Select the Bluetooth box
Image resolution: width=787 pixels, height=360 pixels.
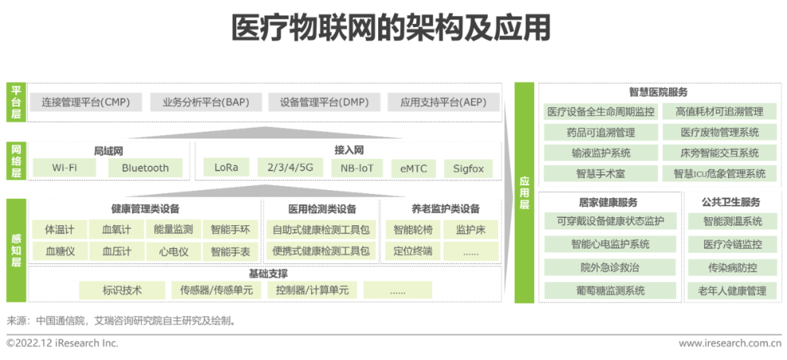(145, 168)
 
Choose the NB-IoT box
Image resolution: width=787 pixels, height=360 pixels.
(357, 168)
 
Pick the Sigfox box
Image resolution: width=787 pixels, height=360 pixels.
(468, 168)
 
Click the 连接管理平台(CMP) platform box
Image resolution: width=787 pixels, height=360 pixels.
(86, 103)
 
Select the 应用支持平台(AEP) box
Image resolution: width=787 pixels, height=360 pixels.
(443, 103)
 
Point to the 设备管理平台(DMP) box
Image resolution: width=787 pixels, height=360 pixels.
(324, 103)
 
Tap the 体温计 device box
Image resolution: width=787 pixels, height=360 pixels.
(60, 230)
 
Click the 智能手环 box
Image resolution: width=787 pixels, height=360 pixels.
(230, 230)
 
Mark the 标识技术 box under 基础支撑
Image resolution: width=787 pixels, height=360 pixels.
(122, 290)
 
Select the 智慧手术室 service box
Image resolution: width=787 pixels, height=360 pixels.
(600, 173)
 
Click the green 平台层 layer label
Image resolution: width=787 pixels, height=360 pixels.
(16, 102)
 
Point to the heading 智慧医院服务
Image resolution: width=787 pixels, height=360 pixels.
(658, 93)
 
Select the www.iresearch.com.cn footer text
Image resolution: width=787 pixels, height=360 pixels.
(729, 343)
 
